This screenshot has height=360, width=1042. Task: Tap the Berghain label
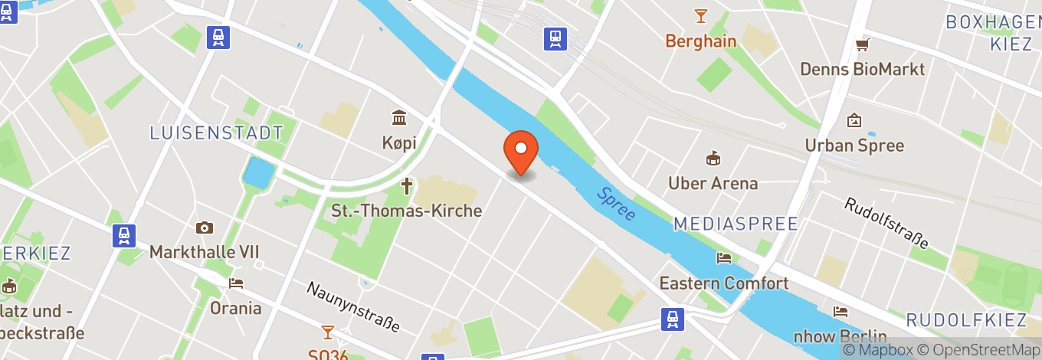point(700,41)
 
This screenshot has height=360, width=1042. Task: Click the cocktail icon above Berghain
point(700,15)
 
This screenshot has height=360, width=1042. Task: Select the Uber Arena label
point(713,183)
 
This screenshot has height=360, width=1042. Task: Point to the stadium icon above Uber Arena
point(713,159)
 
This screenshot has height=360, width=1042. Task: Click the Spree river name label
point(617,204)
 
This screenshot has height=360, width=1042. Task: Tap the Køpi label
point(398,142)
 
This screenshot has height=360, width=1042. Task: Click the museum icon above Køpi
point(398,118)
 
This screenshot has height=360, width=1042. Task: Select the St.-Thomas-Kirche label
point(406,210)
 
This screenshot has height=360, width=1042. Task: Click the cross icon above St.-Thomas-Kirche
point(407,185)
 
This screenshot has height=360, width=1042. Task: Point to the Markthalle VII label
point(204,252)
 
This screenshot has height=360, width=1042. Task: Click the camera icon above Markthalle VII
point(204,227)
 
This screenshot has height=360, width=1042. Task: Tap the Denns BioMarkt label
point(862,69)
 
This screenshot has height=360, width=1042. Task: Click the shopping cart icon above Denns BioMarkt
point(862,44)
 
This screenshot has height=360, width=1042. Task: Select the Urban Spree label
point(854,146)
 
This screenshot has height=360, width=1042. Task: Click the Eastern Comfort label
point(724,283)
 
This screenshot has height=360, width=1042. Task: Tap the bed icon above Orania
point(236,283)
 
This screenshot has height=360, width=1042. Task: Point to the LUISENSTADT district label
point(216,133)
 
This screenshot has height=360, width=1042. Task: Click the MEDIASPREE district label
point(736,224)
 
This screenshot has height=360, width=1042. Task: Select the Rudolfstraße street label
point(886,223)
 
